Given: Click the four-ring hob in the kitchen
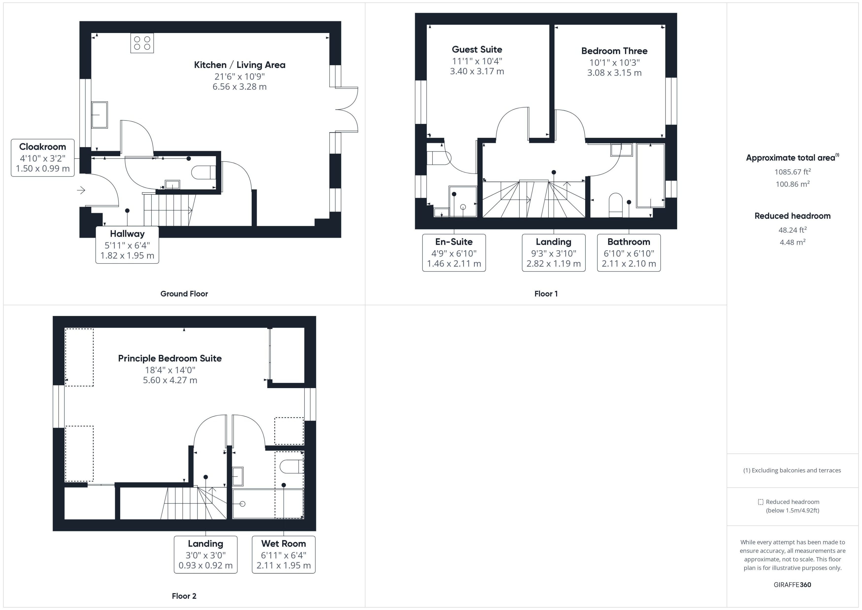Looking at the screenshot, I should click(x=142, y=43).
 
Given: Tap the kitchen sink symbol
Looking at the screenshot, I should click(x=99, y=115).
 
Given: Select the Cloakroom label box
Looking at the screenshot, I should click(x=42, y=157).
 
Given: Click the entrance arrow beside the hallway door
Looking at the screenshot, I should click(x=81, y=190).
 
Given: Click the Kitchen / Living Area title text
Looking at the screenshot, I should click(x=240, y=65).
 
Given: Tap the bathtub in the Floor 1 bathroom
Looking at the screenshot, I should click(x=650, y=175).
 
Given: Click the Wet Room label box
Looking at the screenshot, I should click(x=283, y=554).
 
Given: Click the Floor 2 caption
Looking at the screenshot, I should click(x=184, y=596).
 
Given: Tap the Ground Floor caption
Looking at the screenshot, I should click(x=184, y=294).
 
